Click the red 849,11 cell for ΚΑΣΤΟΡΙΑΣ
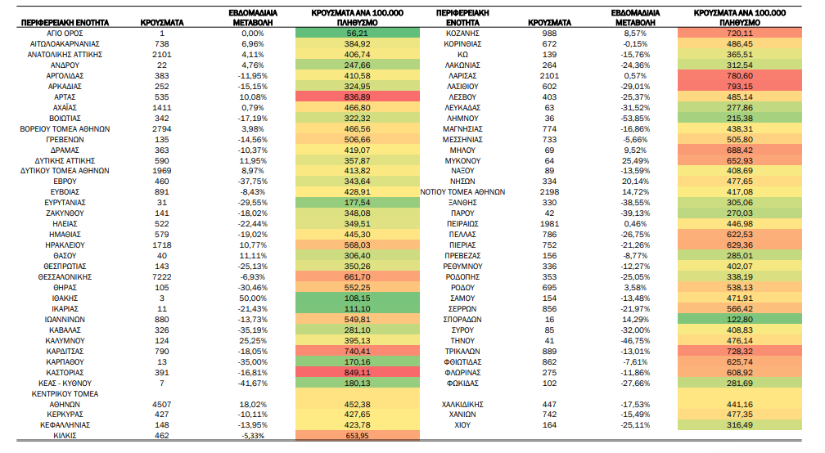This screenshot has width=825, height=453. coord(357,373)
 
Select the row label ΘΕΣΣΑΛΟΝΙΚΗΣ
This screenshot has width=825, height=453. coord(65,277)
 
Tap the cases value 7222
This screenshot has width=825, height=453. coord(161,277)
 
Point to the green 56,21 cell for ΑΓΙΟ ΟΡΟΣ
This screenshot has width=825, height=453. coord(357,33)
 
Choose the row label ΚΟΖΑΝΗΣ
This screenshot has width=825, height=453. coord(462,33)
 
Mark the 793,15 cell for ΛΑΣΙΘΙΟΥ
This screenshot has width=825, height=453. coord(740,86)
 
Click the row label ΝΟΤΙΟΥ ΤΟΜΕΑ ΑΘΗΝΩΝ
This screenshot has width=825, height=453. coord(462,192)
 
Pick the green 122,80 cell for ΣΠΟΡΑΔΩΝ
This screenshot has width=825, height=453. coord(740,320)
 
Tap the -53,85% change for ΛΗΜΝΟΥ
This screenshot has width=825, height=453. coord(635,119)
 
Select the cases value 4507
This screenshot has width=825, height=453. coord(161,405)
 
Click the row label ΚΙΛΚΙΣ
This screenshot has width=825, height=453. coord(65,436)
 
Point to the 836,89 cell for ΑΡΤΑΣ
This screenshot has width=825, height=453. coord(357,96)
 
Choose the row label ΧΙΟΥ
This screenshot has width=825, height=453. coord(462,425)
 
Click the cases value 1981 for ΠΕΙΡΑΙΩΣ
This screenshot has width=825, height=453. coord(549,224)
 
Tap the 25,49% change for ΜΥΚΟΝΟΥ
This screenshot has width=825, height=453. coord(635,161)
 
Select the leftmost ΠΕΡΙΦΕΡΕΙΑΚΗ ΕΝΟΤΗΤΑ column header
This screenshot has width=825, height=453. coord(65,23)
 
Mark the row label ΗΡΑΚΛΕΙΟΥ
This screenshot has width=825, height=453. coord(65,245)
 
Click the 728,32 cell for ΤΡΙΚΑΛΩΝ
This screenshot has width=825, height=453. coord(740,351)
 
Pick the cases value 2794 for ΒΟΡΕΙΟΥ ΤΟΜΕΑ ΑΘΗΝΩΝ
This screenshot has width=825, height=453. coord(161,128)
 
